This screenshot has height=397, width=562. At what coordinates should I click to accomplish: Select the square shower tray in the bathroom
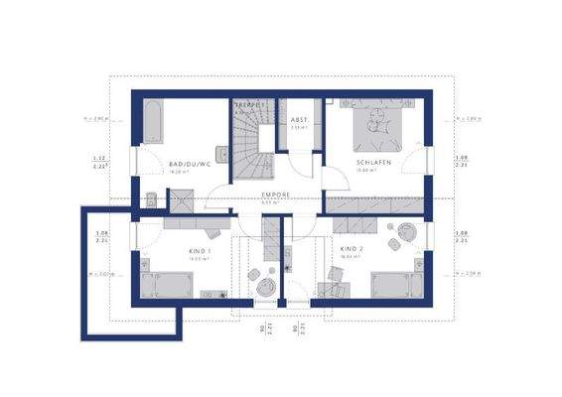[181, 200]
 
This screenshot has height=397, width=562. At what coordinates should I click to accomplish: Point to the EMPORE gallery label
[275, 194]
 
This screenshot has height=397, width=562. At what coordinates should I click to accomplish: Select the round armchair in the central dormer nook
[266, 285]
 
